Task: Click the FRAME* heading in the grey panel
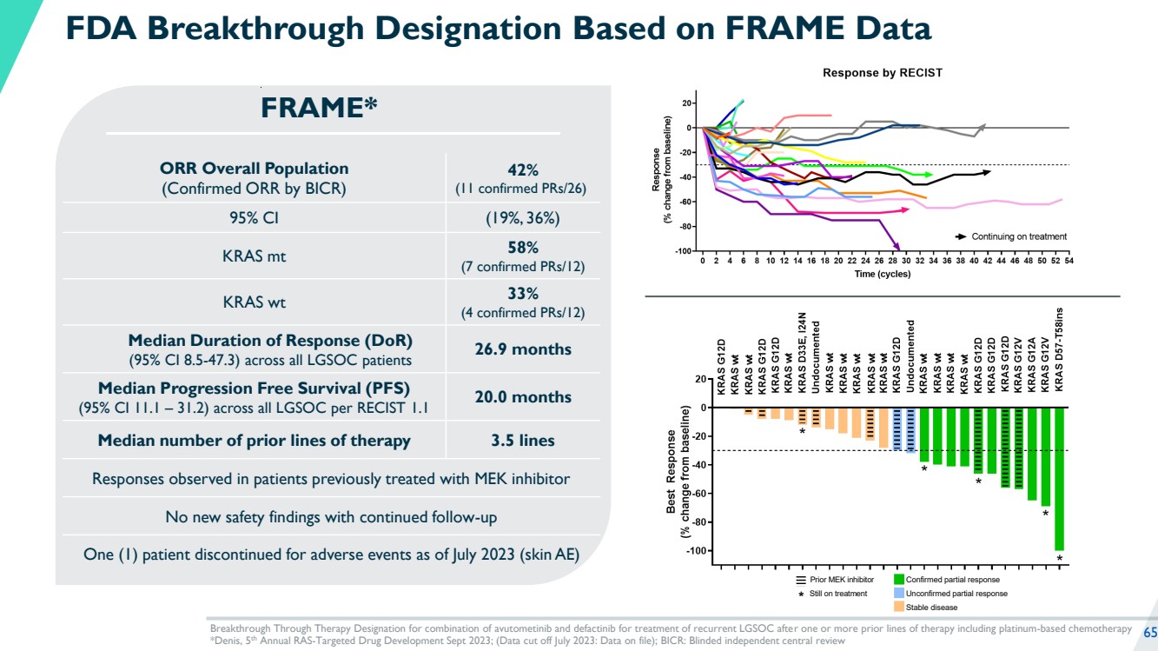(x=320, y=108)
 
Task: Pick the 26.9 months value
(x=522, y=349)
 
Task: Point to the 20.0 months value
(x=522, y=397)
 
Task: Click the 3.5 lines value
(x=522, y=441)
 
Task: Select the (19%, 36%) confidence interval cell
(x=522, y=217)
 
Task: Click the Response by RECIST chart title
(x=882, y=74)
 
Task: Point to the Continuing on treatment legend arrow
(x=962, y=236)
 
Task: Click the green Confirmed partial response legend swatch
(x=899, y=580)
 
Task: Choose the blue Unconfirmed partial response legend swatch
(x=899, y=594)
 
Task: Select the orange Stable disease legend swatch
(x=899, y=608)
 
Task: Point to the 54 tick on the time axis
(x=1069, y=261)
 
